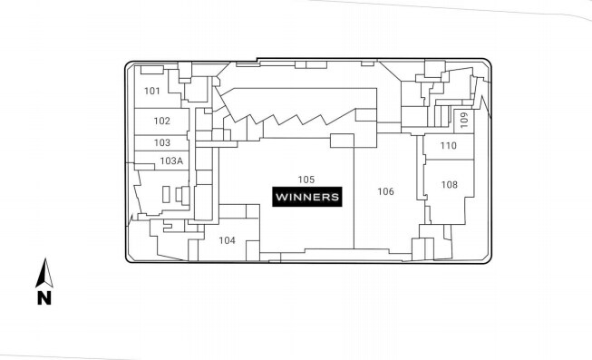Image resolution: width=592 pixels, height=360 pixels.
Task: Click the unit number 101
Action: (x=152, y=91)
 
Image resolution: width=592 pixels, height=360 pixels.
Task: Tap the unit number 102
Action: (x=161, y=121)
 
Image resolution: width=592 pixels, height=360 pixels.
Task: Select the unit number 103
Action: (x=161, y=142)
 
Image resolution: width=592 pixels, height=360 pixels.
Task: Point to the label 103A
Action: (x=171, y=161)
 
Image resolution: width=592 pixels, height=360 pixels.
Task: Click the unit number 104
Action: (x=227, y=240)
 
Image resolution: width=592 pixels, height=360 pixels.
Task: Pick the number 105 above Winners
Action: (x=306, y=179)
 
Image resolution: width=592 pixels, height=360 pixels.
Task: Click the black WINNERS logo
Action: (x=306, y=196)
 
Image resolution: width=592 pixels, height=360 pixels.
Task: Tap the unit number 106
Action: (x=386, y=191)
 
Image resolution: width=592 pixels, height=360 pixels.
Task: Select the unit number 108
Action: (x=450, y=184)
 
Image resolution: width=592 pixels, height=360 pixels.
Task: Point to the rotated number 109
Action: (x=463, y=118)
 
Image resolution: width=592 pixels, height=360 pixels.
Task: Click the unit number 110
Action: (x=448, y=145)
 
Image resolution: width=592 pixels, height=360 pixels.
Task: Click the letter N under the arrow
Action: (x=44, y=297)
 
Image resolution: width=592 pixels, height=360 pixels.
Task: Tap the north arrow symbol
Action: (x=44, y=273)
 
